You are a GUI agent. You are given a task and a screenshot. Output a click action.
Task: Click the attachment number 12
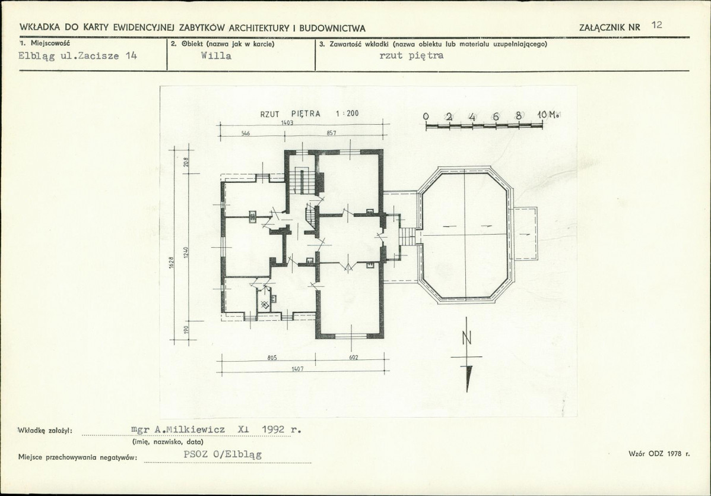point(656,25)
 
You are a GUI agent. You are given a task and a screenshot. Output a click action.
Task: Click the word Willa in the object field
point(216,56)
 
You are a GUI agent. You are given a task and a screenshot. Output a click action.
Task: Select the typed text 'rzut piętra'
point(411,56)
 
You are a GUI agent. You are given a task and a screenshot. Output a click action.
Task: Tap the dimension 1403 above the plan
point(287,122)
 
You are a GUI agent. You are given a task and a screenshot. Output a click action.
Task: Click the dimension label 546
point(246,134)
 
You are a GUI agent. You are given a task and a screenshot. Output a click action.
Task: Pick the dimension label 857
point(331,134)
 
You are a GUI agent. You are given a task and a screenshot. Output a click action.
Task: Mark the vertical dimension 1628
point(172,263)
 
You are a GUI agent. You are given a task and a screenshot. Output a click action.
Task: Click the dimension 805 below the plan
point(272,358)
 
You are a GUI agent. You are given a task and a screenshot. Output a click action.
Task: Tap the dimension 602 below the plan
point(353,358)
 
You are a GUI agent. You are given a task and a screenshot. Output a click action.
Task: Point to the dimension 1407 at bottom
point(297,369)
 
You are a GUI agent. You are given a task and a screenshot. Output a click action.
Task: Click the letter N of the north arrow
point(467,338)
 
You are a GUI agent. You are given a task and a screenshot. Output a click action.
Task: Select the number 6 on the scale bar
point(496,116)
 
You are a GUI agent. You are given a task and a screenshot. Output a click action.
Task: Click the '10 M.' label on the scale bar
point(547,115)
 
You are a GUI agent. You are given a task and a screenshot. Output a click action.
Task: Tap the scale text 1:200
point(347,113)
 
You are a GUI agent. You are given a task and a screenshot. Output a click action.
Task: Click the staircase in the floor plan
point(299,181)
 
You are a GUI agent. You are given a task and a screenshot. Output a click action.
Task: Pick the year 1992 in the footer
point(276,429)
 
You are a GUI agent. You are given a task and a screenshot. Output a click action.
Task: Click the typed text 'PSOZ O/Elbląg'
point(222,454)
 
